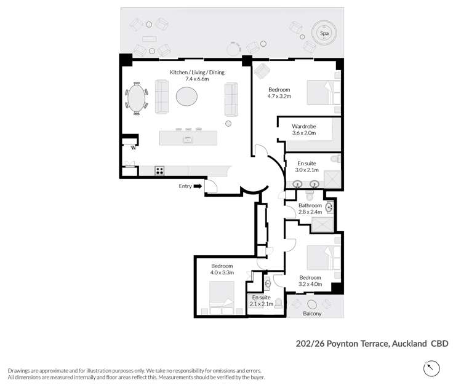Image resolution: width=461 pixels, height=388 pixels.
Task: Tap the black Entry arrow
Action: [198, 186]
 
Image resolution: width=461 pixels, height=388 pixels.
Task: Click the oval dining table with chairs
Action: [137, 98]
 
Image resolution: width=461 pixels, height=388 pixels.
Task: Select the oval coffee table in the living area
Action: [187, 97]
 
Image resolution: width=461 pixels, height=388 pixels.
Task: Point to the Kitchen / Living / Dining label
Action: [198, 72]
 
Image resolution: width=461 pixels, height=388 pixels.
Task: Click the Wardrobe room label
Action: [304, 127]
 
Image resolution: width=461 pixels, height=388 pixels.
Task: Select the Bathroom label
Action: [310, 205]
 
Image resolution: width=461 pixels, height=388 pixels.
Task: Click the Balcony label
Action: [312, 314]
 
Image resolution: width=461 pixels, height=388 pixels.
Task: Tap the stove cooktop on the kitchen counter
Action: [159, 171]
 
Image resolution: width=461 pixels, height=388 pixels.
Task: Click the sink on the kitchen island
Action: [187, 139]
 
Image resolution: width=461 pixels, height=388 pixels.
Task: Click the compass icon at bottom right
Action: [432, 368]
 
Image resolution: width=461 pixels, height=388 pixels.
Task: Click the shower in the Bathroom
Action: [323, 226]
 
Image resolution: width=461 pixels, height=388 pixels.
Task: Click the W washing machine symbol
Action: [131, 146]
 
